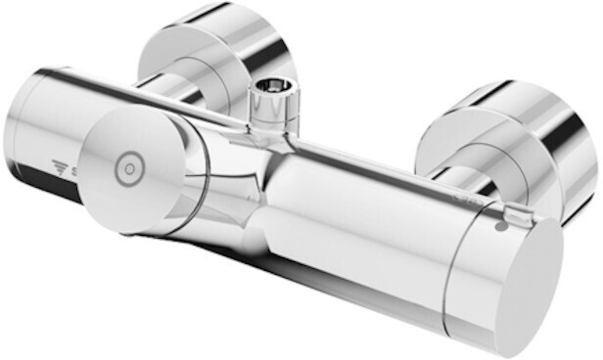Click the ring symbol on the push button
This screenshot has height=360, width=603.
(x=129, y=169)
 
